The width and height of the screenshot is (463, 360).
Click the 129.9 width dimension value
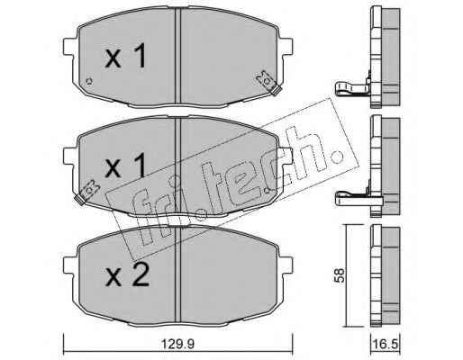tap(178, 344)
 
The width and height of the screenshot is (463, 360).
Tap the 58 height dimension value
tap(340, 275)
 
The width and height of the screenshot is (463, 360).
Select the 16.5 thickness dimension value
tap(386, 344)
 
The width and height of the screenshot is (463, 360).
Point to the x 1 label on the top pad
tap(125, 56)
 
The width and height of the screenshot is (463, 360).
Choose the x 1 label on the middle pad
tap(125, 165)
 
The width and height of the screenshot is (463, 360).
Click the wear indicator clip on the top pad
tap(268, 83)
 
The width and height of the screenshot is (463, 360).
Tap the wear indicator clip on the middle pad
tap(87, 192)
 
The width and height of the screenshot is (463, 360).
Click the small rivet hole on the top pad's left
tap(89, 81)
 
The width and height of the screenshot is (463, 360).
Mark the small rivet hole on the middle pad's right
tap(267, 190)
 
